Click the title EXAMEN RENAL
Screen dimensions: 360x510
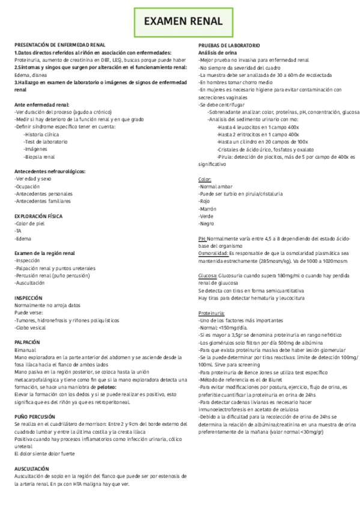pos(183,22)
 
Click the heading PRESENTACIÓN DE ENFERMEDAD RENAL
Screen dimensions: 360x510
pos(60,45)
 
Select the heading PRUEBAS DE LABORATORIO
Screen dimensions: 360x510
pos(229,45)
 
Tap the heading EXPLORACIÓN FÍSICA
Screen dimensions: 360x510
pos(38,215)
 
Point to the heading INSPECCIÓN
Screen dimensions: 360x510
pos(28,281)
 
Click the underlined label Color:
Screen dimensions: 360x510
pos(205,179)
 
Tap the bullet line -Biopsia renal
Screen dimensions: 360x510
pos(39,156)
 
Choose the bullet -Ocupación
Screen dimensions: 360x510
pos(29,186)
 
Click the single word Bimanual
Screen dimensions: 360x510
pos(25,349)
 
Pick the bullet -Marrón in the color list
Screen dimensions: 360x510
pos(207,209)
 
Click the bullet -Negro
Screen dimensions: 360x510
pos(206,223)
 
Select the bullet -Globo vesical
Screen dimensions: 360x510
pos(32,328)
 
